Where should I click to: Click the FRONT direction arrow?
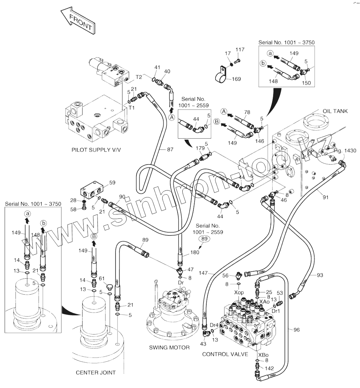click(x=78, y=22)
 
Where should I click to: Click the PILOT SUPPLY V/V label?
click(x=96, y=150)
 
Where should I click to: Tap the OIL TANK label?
click(x=335, y=111)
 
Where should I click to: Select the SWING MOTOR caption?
click(x=169, y=347)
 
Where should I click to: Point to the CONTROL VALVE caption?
click(x=225, y=354)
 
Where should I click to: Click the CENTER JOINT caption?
click(x=96, y=372)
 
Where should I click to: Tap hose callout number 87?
click(x=170, y=150)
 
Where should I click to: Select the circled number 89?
click(x=205, y=239)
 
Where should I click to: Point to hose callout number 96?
click(x=296, y=330)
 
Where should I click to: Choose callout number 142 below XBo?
click(x=269, y=368)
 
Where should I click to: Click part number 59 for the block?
click(x=112, y=183)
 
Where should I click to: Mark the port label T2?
click(x=139, y=77)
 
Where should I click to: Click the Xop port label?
click(x=239, y=292)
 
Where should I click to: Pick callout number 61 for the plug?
click(x=102, y=278)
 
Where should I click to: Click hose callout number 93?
click(x=320, y=275)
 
